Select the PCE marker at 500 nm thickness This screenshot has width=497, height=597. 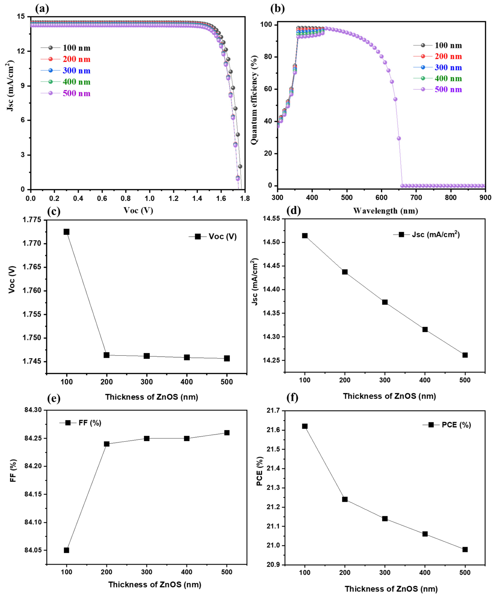[465, 549]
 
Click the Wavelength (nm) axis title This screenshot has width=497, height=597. [385, 211]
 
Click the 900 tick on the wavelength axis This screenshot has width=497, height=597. [485, 197]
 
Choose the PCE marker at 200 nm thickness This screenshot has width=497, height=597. [345, 499]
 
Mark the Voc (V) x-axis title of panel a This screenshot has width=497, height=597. [138, 210]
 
